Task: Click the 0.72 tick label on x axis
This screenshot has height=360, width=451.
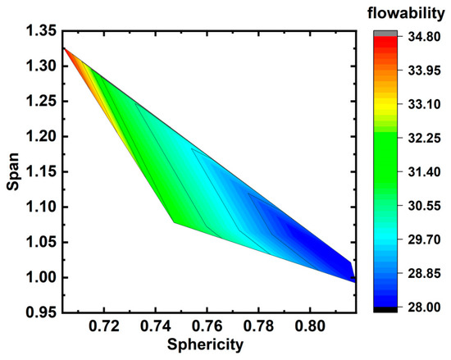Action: pyautogui.click(x=104, y=326)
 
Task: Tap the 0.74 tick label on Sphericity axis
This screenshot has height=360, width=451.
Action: pyautogui.click(x=156, y=326)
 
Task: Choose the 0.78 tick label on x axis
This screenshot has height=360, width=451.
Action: pyautogui.click(x=258, y=326)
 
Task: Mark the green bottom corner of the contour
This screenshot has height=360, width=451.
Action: pyautogui.click(x=175, y=221)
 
